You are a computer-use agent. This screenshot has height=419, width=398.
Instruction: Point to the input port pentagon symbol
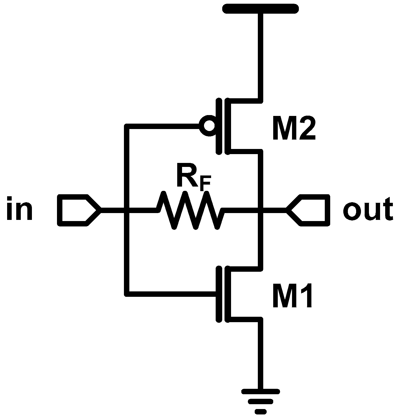pyautogui.click(x=77, y=210)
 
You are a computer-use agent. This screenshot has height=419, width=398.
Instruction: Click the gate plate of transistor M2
pyautogui.click(x=219, y=126)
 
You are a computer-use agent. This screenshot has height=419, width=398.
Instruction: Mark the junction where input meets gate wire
pyautogui.click(x=127, y=210)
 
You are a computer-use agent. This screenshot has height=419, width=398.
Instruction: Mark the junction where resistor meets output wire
pyautogui.click(x=260, y=210)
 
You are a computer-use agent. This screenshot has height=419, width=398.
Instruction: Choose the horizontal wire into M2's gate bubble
pyautogui.click(x=162, y=126)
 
